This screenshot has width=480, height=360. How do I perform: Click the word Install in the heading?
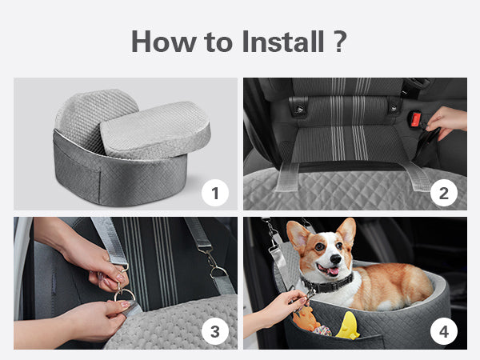point(283,42)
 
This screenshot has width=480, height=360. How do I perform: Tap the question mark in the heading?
point(339,42)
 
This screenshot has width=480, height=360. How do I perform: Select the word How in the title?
point(164,42)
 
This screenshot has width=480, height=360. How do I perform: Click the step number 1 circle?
point(215,193)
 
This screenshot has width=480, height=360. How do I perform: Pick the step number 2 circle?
point(444,193)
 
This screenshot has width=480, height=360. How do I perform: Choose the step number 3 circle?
point(215,331)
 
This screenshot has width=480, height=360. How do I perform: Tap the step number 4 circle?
point(444,331)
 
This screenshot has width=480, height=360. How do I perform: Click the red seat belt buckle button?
point(415,119)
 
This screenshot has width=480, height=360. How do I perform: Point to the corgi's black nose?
point(336,259)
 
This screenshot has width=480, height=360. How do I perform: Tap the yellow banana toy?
point(348,326)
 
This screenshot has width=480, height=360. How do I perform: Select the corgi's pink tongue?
point(333,271)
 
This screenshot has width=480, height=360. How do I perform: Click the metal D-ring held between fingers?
point(125,295)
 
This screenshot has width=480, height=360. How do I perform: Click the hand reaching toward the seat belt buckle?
point(446,122)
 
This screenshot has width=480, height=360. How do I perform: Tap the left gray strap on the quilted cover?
point(287,177)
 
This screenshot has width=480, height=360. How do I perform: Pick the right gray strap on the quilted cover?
point(417,176)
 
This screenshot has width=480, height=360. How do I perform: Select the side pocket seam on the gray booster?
point(101,186)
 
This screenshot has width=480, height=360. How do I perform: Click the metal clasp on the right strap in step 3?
point(214,262)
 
